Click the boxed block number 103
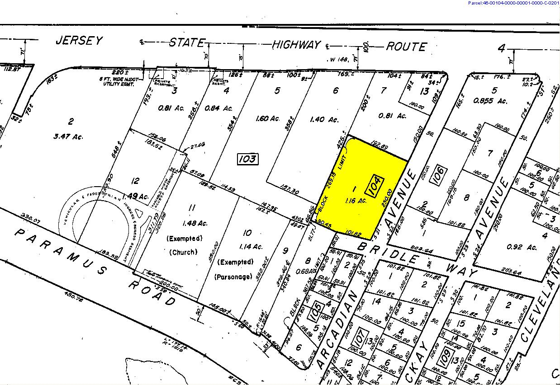(247, 159)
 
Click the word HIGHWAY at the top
(296, 45)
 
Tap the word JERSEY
(79, 41)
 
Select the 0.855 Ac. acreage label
(495, 101)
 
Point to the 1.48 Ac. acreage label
(192, 223)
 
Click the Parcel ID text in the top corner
(513, 3)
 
